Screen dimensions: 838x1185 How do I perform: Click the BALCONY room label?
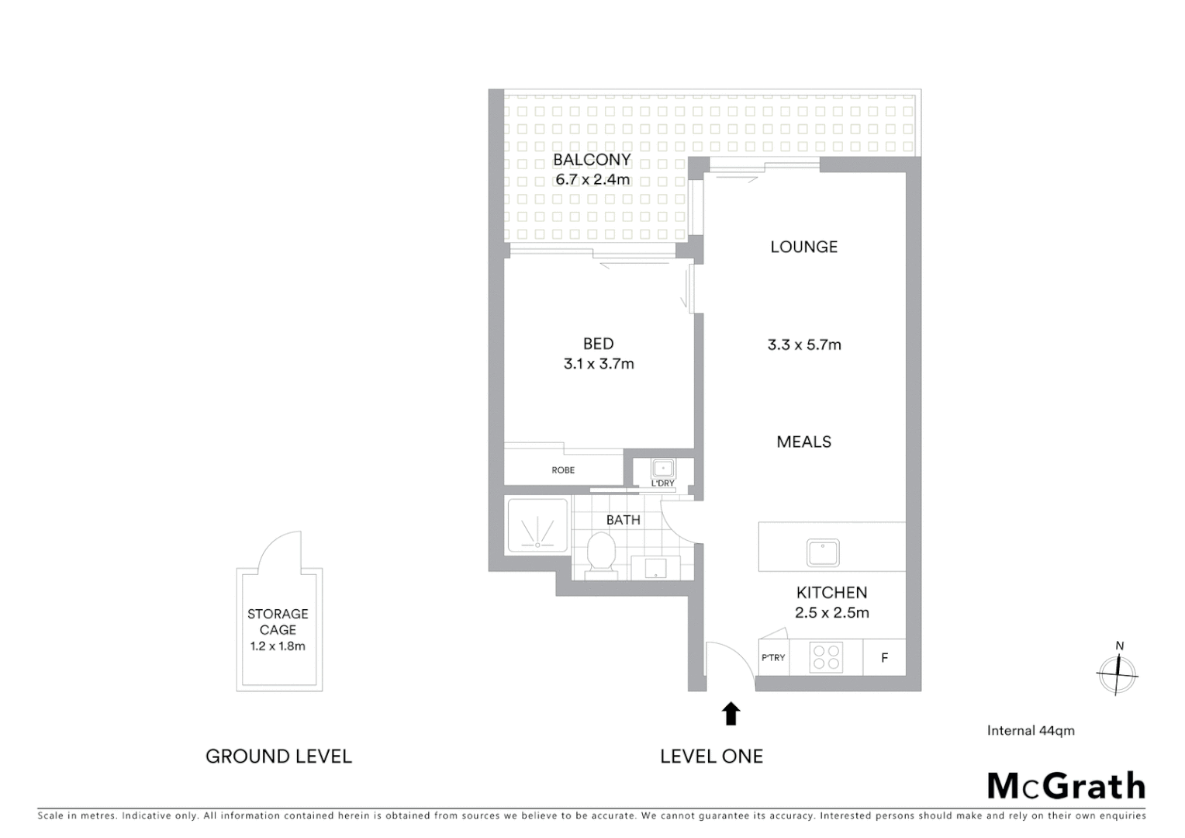(591, 160)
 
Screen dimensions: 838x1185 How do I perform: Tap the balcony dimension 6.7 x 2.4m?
(592, 180)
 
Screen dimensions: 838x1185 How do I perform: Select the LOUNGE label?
(803, 247)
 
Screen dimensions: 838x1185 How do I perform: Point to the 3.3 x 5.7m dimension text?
(804, 345)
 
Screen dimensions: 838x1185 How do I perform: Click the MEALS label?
(803, 442)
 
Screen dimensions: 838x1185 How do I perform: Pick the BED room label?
(598, 344)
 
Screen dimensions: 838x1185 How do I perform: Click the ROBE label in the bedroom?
(563, 470)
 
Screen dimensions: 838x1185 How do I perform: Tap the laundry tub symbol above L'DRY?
(662, 469)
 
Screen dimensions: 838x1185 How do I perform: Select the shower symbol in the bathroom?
(537, 526)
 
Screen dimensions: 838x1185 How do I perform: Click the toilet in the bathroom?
(600, 553)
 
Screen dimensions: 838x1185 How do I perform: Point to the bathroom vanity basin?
(655, 567)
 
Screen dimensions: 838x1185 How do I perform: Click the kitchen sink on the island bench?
(823, 552)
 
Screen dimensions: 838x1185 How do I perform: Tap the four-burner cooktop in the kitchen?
(826, 657)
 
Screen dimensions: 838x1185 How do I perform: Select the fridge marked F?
(884, 658)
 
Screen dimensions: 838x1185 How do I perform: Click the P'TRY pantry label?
(772, 658)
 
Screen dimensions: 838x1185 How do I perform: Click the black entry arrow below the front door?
(731, 713)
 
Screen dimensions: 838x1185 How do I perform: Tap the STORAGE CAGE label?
(278, 622)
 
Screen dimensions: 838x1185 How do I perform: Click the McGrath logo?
(1066, 786)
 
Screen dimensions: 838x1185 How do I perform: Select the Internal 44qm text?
(1030, 730)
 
